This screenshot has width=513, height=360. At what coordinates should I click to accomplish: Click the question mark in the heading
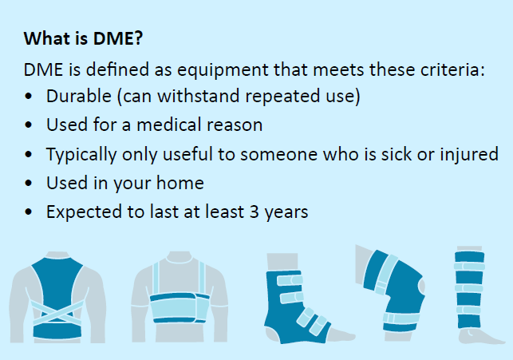(138, 38)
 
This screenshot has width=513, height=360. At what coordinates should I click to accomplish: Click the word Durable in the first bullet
(79, 96)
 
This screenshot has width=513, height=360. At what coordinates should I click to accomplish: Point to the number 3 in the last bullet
(255, 212)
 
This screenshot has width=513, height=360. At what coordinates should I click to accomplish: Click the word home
(180, 183)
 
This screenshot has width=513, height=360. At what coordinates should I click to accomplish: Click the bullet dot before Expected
(29, 212)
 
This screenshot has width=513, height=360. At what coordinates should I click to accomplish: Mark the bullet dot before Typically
(29, 154)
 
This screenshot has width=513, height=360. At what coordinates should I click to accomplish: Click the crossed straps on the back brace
(57, 314)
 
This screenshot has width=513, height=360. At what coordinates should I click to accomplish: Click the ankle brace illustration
(296, 304)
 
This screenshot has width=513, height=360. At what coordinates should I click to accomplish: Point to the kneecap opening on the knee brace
(421, 286)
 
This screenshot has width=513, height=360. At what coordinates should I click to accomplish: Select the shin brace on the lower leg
(469, 289)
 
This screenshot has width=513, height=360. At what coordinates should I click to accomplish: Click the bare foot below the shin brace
(480, 336)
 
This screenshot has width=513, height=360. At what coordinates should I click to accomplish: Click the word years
(286, 212)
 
